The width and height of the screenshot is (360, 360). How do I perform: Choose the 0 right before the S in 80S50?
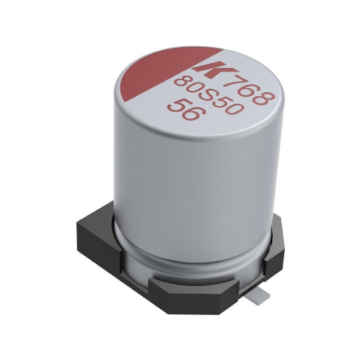coord(193,89)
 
